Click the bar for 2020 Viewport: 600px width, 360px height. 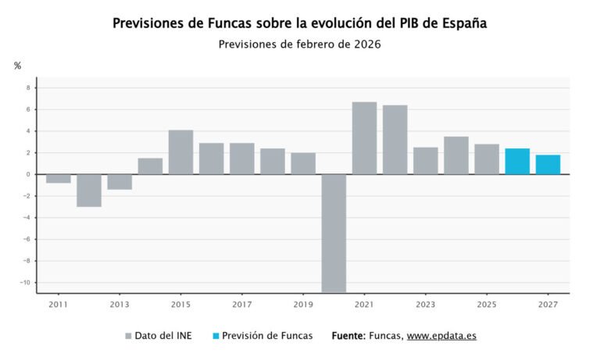click(x=334, y=233)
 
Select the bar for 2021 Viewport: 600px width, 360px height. click(x=364, y=138)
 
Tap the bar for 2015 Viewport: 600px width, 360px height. click(x=180, y=152)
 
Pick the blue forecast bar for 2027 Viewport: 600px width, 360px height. click(x=548, y=165)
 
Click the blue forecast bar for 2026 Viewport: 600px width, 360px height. click(x=517, y=162)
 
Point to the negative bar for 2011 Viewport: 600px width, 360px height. click(x=58, y=179)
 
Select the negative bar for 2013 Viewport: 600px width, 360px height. click(x=120, y=182)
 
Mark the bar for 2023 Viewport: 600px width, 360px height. click(x=426, y=161)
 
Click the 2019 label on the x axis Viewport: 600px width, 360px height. click(x=303, y=305)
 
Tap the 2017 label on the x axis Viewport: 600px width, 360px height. click(x=241, y=305)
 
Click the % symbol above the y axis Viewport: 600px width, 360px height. click(x=17, y=66)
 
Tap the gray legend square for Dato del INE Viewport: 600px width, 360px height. click(x=129, y=337)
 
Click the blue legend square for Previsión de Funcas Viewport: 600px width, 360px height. click(x=216, y=337)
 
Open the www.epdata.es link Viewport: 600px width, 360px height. click(x=441, y=336)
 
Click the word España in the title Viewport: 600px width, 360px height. click(x=460, y=23)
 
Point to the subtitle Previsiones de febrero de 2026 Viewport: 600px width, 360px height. click(x=300, y=45)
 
